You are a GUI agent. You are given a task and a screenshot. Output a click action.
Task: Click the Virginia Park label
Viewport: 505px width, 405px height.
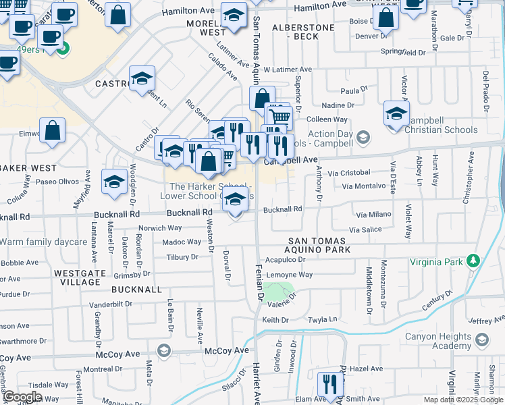[436, 262]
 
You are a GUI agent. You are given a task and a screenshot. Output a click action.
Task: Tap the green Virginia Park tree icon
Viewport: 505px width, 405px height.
[474, 261]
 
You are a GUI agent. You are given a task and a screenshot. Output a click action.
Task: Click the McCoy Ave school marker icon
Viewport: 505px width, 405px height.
[163, 350]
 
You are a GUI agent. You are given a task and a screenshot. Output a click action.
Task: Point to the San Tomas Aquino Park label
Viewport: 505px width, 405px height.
[317, 246]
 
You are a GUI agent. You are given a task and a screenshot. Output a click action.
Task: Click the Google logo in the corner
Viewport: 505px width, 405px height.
[22, 397]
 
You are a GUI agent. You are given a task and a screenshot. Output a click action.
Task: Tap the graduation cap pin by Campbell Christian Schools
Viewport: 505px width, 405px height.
[396, 113]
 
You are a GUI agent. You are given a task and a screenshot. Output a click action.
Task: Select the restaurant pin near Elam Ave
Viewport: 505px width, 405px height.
[330, 385]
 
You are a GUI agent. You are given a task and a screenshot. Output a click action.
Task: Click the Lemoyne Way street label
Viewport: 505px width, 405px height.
[290, 275]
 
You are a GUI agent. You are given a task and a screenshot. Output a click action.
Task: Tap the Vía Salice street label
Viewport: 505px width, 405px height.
[365, 230]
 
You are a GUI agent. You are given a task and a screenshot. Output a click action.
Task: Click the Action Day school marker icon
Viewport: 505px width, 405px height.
[364, 138]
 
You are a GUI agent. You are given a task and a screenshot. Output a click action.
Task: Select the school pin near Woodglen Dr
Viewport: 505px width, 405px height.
[115, 182]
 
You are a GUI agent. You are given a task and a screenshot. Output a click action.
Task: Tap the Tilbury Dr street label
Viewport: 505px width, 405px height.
[182, 257]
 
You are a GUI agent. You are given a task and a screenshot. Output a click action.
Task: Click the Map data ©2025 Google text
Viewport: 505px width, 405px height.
[462, 400]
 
